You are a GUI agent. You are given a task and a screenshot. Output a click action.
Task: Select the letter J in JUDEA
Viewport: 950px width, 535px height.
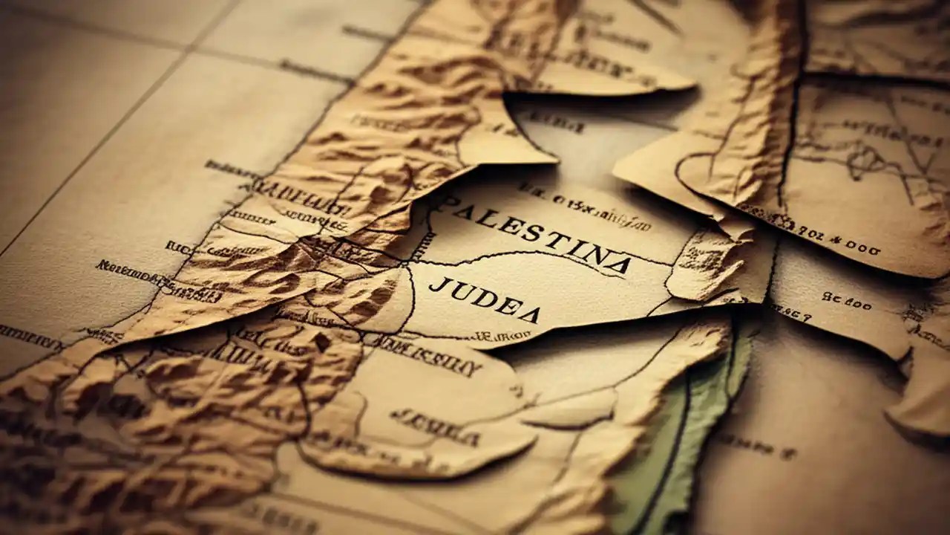(x=437, y=285)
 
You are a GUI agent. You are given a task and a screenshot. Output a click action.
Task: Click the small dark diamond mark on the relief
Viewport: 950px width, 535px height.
(x=321, y=343)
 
